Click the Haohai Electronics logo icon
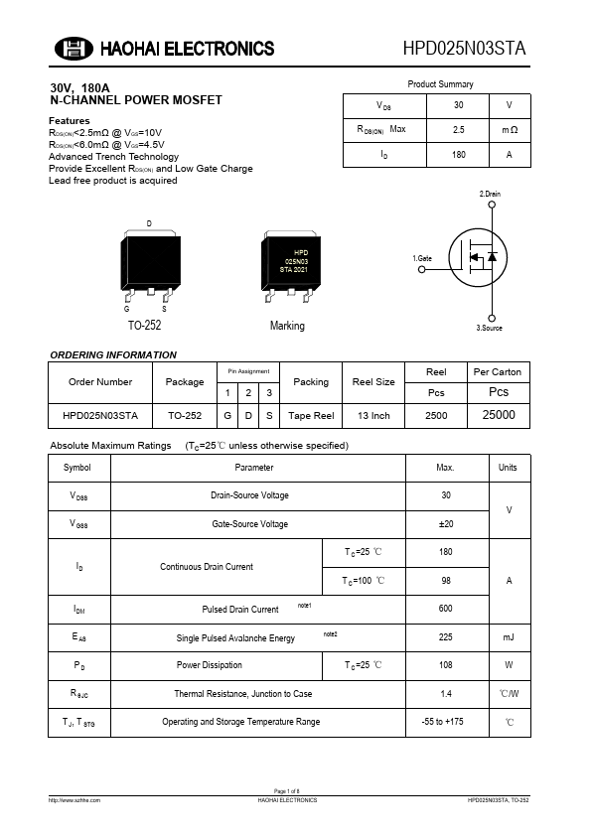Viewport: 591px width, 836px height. [x=72, y=49]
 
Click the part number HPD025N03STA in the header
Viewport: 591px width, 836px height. [x=465, y=49]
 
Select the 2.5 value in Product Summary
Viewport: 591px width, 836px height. [x=458, y=130]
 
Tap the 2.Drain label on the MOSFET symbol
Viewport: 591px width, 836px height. [x=490, y=194]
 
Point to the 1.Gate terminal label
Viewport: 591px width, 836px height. [x=422, y=258]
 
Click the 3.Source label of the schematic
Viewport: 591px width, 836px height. [x=490, y=327]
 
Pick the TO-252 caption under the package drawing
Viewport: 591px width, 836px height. [x=144, y=326]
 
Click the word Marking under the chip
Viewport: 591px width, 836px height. [x=287, y=326]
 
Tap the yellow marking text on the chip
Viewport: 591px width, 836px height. [x=294, y=261]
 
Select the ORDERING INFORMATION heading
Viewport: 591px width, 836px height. [x=113, y=354]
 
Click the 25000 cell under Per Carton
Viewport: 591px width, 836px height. [x=499, y=415]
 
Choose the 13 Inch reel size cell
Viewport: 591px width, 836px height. [x=373, y=416]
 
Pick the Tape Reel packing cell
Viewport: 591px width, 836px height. [x=311, y=416]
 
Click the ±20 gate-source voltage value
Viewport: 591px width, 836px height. [x=446, y=524]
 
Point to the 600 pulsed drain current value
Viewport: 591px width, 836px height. [x=446, y=609]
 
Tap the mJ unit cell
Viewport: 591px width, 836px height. [x=509, y=637]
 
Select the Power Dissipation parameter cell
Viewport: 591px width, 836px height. [x=210, y=665]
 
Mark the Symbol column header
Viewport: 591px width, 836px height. [x=77, y=468]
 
